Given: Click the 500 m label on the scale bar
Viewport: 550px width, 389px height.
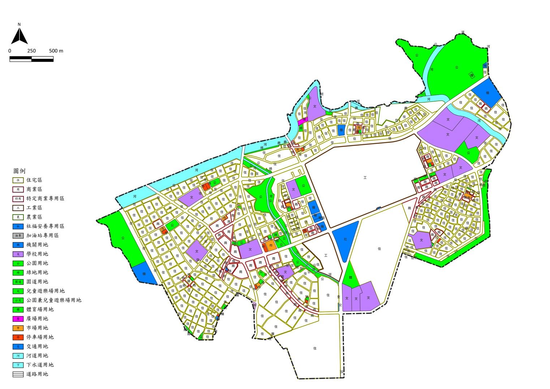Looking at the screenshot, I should pos(56,51).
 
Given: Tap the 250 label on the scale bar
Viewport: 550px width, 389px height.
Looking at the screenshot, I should pos(31,51).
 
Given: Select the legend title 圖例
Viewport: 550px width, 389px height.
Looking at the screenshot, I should pos(19,171).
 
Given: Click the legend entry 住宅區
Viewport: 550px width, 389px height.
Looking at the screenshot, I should pos(34,180).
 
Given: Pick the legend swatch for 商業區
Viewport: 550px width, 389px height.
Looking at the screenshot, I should pos(18,189).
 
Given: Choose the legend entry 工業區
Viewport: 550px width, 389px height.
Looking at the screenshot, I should pos(34,208).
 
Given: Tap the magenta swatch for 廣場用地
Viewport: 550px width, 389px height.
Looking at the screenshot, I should pos(18,319).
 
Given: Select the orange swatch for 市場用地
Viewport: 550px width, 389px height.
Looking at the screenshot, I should pos(18,328).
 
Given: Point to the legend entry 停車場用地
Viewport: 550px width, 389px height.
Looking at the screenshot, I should pos(40,337).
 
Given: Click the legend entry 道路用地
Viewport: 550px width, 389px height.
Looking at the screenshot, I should pos(37,374).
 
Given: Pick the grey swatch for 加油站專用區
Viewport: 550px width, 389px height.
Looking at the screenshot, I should pos(18,236).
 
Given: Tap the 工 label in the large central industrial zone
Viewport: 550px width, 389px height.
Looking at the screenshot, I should pos(365,178).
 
